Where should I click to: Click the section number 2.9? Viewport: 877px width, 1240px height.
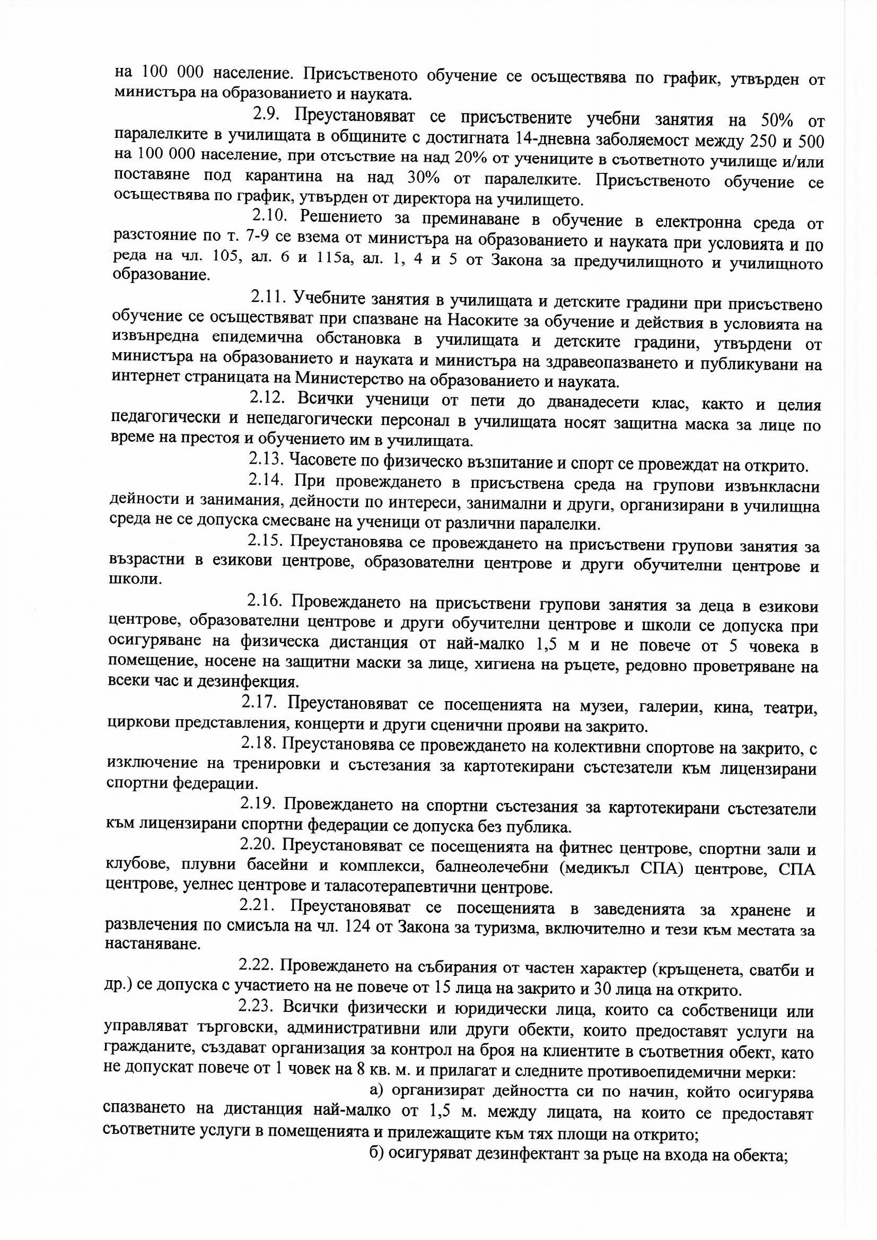tap(266, 115)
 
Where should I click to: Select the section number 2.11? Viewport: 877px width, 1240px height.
tap(266, 296)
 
